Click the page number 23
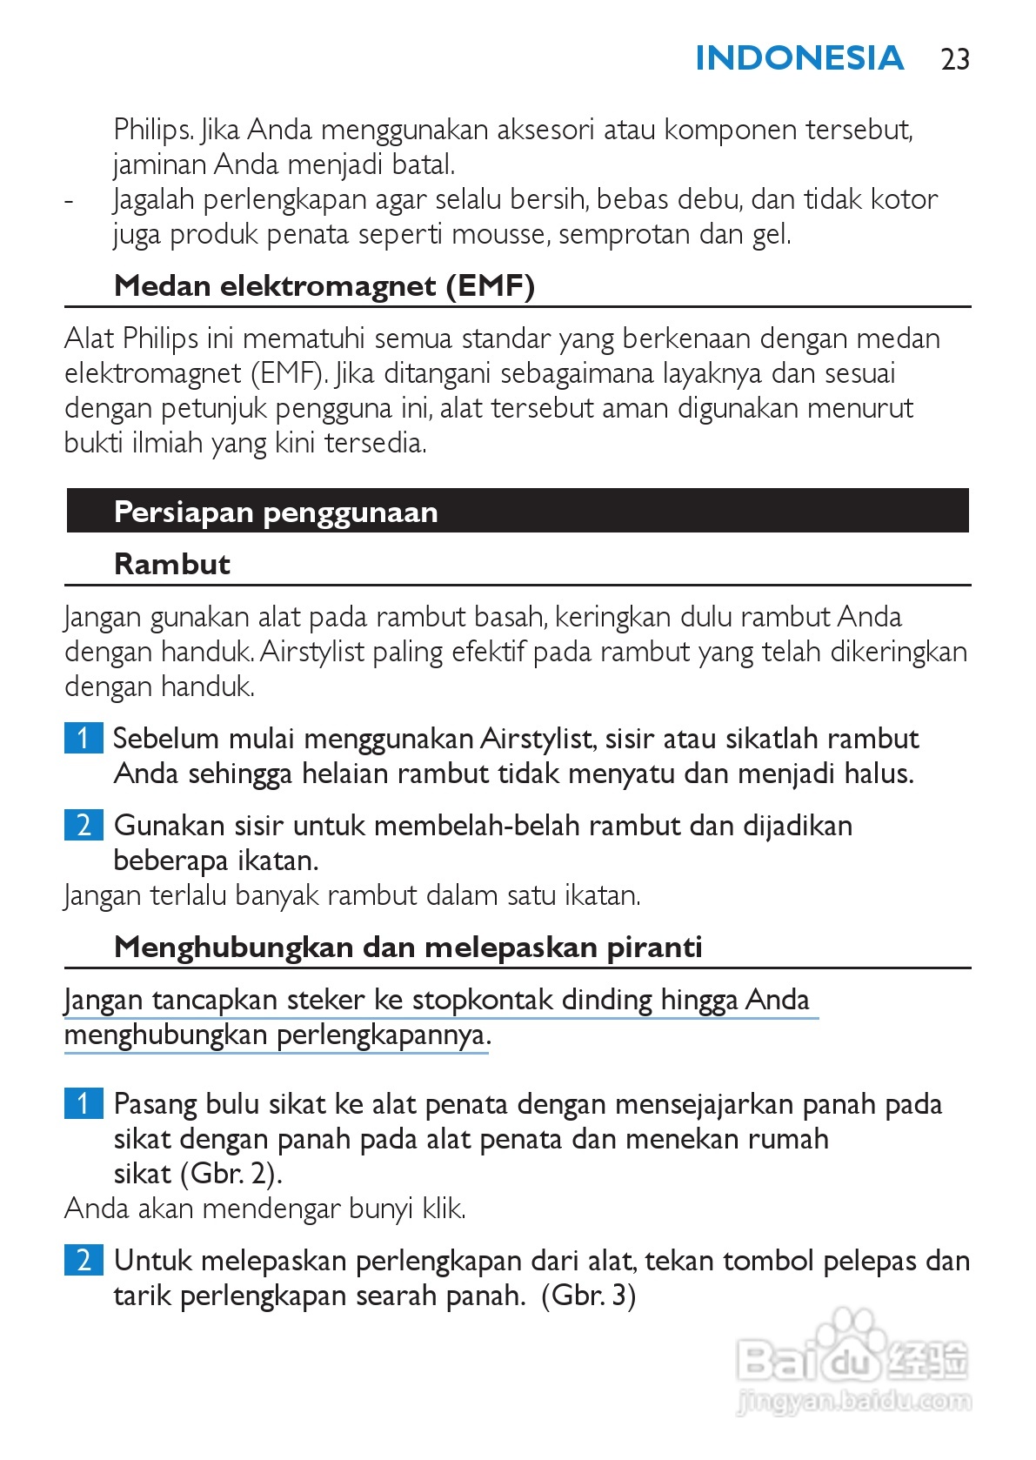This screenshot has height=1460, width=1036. click(x=955, y=59)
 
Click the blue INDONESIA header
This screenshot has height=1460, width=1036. click(x=799, y=58)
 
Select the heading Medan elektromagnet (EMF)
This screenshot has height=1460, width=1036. click(x=324, y=285)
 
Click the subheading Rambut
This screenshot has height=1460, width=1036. click(x=172, y=564)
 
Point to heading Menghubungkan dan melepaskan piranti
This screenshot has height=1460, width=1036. click(x=408, y=947)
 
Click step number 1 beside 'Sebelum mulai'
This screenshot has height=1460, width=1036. click(x=84, y=738)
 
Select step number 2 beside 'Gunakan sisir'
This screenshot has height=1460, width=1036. click(x=84, y=825)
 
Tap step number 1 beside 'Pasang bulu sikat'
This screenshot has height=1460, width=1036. click(x=84, y=1103)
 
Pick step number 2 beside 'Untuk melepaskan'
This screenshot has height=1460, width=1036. click(x=84, y=1260)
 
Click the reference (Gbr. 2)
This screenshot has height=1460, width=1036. click(x=231, y=1174)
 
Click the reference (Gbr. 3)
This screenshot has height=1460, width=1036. click(x=589, y=1296)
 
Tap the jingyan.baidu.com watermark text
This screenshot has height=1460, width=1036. click(x=853, y=1402)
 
